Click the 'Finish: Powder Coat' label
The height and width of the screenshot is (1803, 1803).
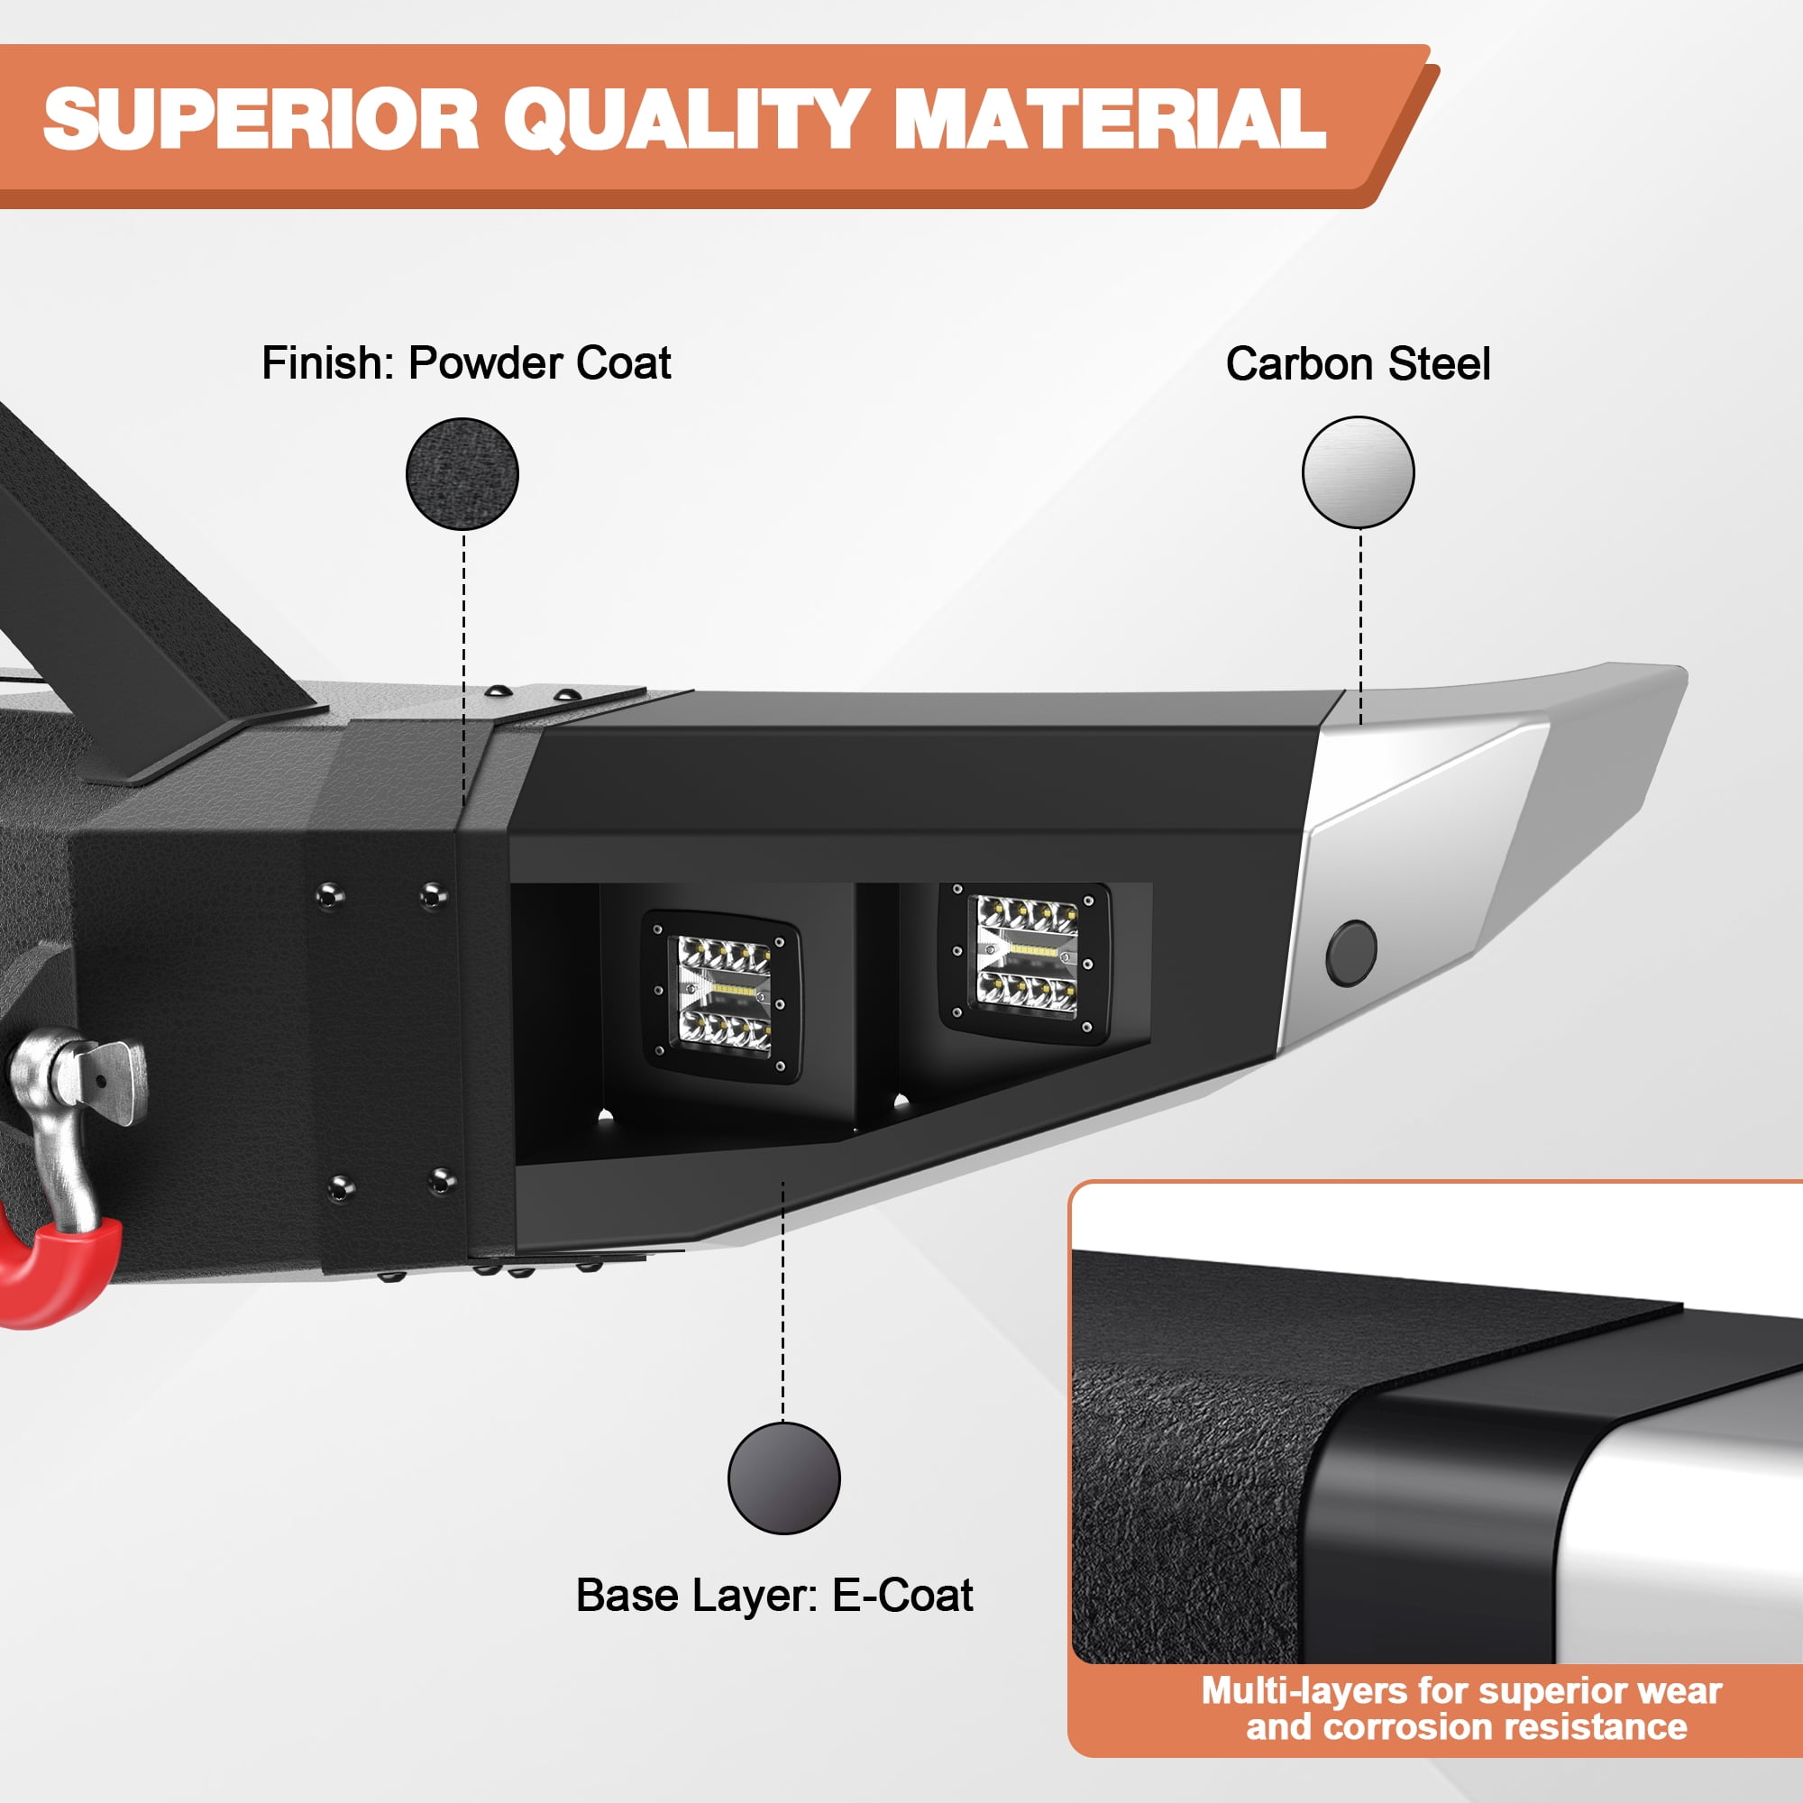tap(466, 363)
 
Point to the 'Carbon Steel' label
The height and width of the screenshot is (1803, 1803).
tap(1358, 364)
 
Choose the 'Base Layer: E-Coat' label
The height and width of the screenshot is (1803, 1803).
tap(773, 1595)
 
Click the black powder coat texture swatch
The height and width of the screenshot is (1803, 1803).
tap(462, 474)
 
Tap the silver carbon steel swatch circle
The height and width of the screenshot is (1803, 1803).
tap(1358, 472)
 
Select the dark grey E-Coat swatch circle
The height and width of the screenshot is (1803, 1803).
tap(784, 1478)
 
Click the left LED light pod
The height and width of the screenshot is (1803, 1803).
tap(720, 998)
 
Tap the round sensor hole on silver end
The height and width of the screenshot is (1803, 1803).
tap(1350, 953)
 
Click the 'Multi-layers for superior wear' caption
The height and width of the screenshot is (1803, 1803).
tap(1460, 1690)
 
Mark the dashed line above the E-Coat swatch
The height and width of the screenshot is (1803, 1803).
tap(783, 1302)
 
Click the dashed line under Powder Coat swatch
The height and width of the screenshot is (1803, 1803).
tap(462, 671)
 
